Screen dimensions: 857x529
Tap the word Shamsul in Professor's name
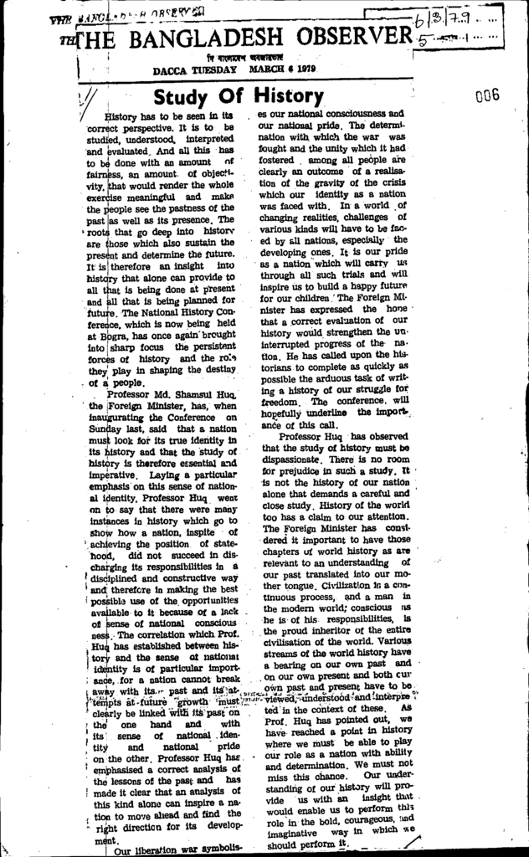click(x=189, y=393)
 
